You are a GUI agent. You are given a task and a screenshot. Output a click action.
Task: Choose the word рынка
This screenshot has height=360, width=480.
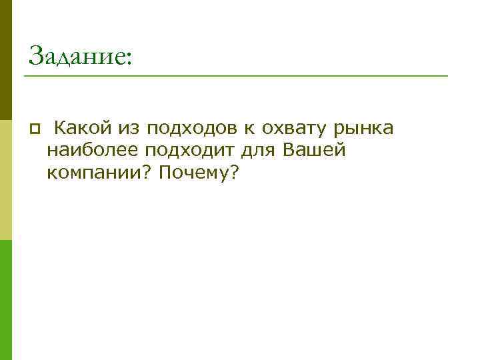[x=364, y=128]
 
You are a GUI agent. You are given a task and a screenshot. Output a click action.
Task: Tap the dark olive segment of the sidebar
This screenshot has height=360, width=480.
[x=5, y=60]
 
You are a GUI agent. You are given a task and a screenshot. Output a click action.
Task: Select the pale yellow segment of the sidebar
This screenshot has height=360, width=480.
[x=5, y=180]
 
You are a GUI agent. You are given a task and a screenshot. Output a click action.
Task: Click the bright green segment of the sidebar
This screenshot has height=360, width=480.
[x=5, y=300]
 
